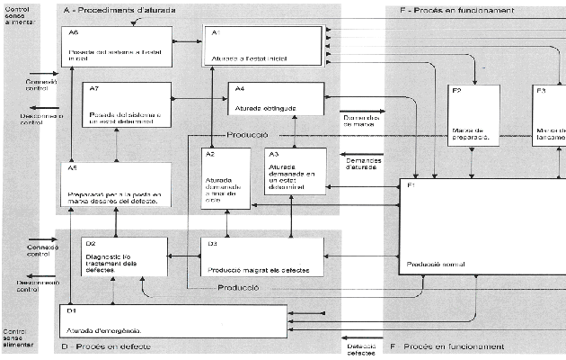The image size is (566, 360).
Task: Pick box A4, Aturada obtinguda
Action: click(275, 100)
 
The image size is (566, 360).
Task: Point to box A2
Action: click(221, 178)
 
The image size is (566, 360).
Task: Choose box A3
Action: click(295, 171)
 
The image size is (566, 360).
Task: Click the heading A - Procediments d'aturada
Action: click(120, 10)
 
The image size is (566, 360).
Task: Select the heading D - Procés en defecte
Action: click(106, 346)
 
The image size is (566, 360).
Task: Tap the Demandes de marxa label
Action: click(359, 121)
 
